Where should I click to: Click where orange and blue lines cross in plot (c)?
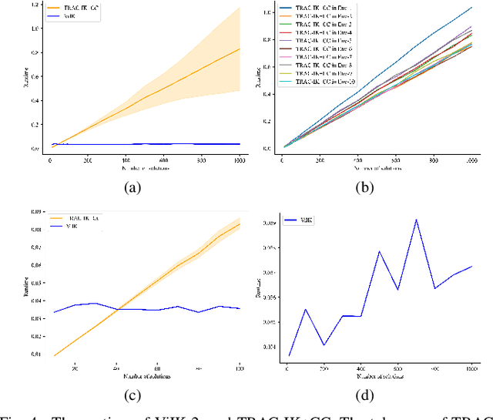[117, 309]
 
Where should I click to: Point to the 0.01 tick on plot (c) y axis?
[35, 354]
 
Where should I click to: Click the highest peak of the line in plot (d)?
[416, 220]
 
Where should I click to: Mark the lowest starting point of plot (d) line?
[290, 355]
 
